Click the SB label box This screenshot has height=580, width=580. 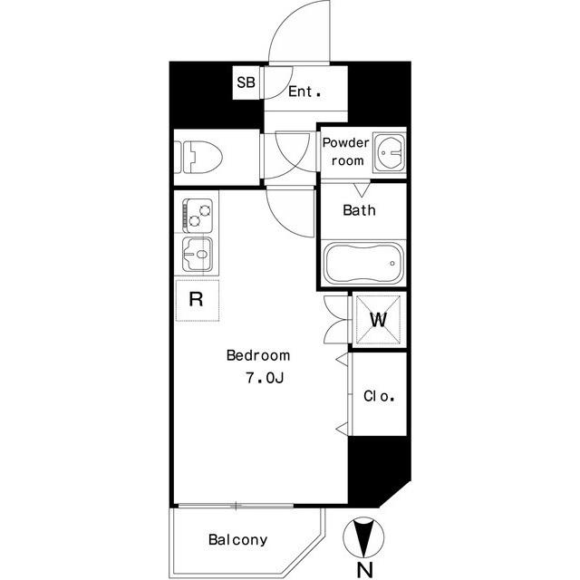pyautogui.click(x=246, y=82)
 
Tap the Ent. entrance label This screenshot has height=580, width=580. pyautogui.click(x=304, y=92)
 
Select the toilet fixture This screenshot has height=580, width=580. pyautogui.click(x=198, y=157)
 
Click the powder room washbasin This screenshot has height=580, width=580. pyautogui.click(x=389, y=152)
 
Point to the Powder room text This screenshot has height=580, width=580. pyautogui.click(x=346, y=151)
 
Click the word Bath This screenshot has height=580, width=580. pyautogui.click(x=359, y=210)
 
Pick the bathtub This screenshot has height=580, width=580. pyautogui.click(x=363, y=263)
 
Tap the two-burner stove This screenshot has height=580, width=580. pyautogui.click(x=198, y=216)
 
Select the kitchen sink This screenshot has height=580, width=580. pyautogui.click(x=198, y=255)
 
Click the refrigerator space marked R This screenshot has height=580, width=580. pyautogui.click(x=198, y=300)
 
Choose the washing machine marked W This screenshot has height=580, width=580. pyautogui.click(x=379, y=319)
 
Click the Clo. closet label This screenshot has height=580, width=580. pyautogui.click(x=379, y=396)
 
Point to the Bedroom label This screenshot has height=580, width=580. pyautogui.click(x=258, y=355)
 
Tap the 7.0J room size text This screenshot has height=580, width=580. pyautogui.click(x=265, y=378)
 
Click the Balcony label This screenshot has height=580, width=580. pyautogui.click(x=237, y=540)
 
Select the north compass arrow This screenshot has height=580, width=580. pyautogui.click(x=363, y=537)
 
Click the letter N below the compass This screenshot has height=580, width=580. pyautogui.click(x=364, y=570)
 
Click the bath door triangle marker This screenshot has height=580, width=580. pyautogui.click(x=361, y=190)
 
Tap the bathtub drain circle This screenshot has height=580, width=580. pyautogui.click(x=392, y=264)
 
